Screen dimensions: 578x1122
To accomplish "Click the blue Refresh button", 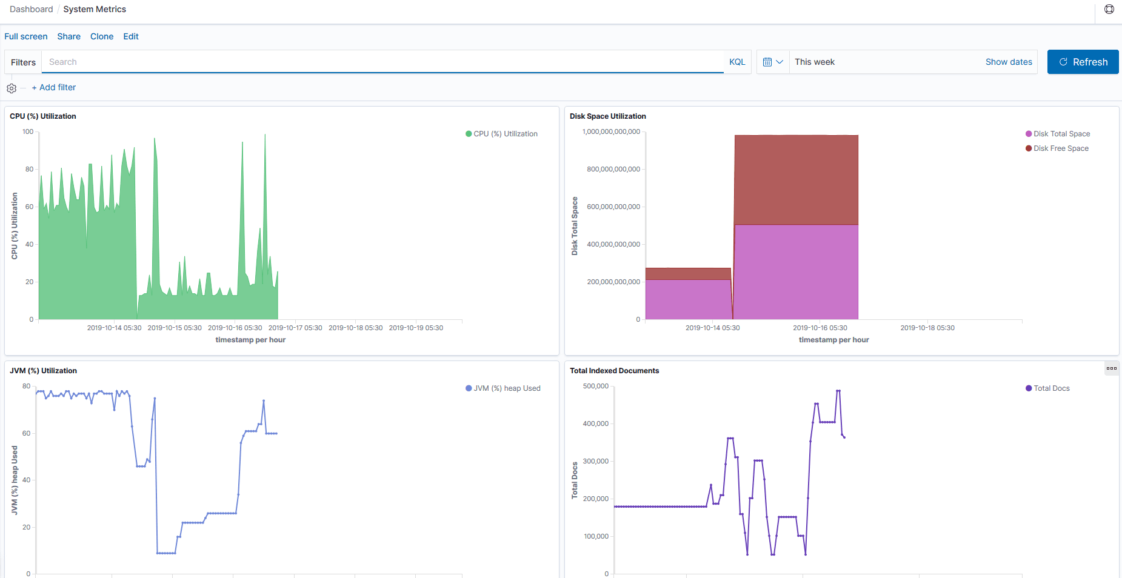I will point(1083,62).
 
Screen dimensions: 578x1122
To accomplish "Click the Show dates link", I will point(1009,62).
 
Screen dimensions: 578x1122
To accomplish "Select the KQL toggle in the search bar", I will point(737,62).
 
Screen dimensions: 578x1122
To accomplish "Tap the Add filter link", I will point(54,87).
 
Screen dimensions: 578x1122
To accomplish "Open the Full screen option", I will point(26,36).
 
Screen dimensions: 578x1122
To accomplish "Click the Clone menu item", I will point(102,36).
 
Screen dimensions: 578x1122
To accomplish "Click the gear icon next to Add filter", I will point(12,88).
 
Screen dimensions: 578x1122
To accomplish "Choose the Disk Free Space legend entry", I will point(1061,148).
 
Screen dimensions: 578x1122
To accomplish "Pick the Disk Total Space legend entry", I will point(1061,134).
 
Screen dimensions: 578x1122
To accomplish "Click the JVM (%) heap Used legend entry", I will point(507,388).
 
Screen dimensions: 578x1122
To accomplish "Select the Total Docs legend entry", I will point(1051,388).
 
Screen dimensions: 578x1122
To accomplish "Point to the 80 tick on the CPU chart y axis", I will point(29,169).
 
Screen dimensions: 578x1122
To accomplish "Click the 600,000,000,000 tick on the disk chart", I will point(613,207).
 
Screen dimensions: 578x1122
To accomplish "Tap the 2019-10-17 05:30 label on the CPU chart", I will point(295,328).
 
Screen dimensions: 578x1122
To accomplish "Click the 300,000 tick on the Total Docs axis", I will point(595,461).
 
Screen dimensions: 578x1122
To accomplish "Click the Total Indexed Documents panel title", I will point(614,371).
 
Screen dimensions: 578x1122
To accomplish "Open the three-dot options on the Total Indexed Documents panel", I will point(1111,368).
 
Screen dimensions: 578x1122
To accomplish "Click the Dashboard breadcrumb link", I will point(32,9).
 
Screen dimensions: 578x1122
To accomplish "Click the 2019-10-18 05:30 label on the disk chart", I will point(927,328).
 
